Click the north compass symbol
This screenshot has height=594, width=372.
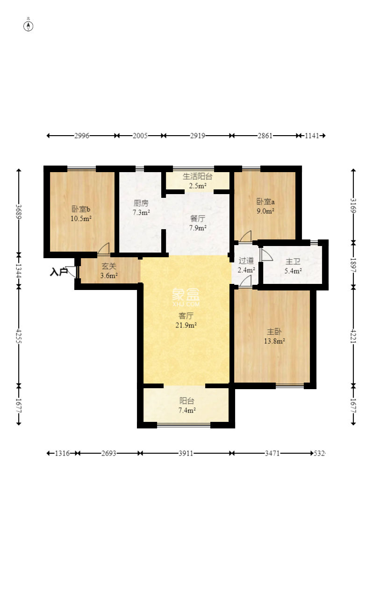pos(29,26)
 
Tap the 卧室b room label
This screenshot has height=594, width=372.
pos(81,209)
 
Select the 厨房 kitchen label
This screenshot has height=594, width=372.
pos(141,203)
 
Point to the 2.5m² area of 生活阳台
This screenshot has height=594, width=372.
pos(197,186)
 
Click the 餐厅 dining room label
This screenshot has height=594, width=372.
pos(198,218)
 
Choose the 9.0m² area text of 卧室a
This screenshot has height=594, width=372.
pos(265,211)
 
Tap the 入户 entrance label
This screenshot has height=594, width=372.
pos(58,272)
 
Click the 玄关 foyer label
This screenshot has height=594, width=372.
pos(109,266)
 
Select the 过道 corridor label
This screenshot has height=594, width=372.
pos(246,261)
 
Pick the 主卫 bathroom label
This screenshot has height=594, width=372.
pos(293,261)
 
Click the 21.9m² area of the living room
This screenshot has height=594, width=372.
pos(186,325)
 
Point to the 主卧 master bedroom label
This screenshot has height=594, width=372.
pos(274,332)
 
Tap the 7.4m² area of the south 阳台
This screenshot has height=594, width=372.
pos(187,410)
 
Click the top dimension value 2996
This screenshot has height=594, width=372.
pos(82,136)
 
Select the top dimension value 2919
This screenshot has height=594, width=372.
pos(198,136)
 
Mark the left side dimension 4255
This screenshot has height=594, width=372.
pos(19,336)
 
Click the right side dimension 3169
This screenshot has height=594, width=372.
pos(353,205)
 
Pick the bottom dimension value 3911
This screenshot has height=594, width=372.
pos(186,453)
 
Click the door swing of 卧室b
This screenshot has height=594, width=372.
pos(104,248)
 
